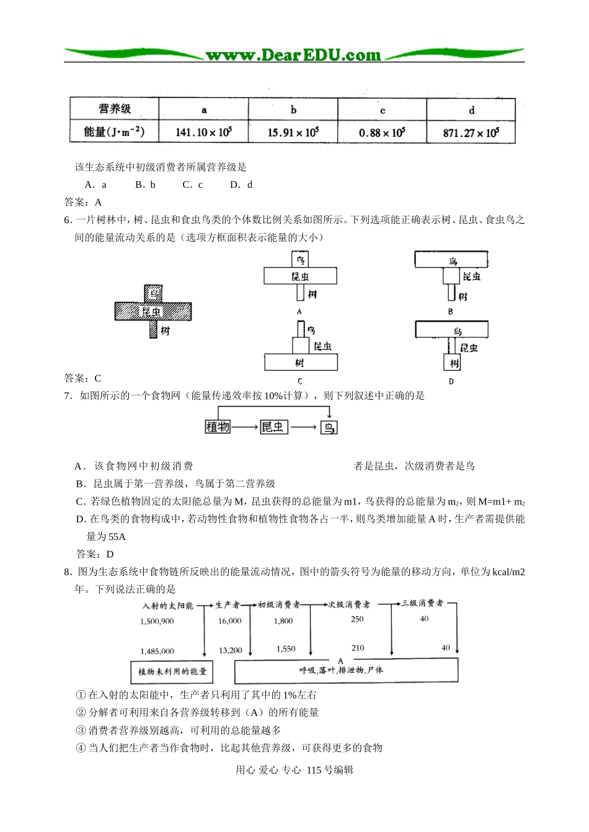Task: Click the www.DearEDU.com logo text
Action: coord(293,55)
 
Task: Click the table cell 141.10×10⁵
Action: coord(203,132)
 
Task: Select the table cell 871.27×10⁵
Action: coord(471,132)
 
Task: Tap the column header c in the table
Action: coord(383,110)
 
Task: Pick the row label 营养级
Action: coord(115,109)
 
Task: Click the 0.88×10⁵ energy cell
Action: coord(382,132)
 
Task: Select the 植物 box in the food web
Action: coord(218,427)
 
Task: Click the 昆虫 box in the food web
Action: coord(273,427)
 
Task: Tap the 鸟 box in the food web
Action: coord(329,427)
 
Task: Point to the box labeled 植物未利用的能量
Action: coord(172,671)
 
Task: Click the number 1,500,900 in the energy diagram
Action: coord(157,621)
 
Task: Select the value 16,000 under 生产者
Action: coord(230,621)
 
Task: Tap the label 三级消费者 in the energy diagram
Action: coord(422,603)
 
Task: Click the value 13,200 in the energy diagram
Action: coord(230,650)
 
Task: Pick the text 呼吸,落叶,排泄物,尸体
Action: coord(341,670)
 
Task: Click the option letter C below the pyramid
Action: coord(299,381)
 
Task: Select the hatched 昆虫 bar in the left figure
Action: coord(153,311)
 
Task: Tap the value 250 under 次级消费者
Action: coord(357,619)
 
